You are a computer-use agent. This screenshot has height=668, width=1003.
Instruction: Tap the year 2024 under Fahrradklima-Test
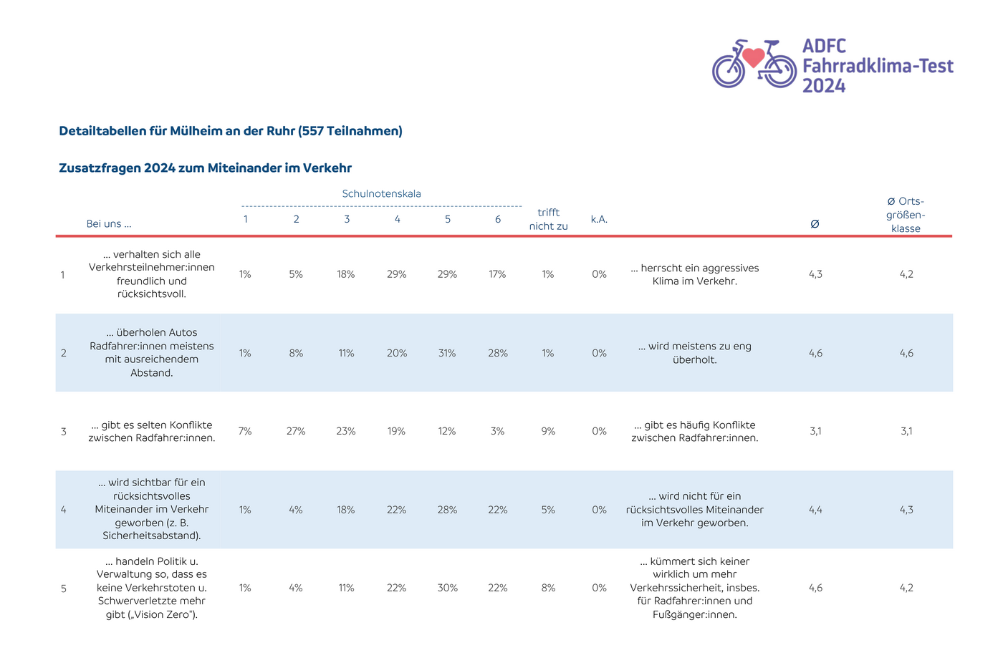click(x=823, y=86)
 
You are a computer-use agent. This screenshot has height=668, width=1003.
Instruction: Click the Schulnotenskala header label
click(x=381, y=194)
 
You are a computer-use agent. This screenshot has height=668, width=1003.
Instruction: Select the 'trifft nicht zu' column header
click(x=548, y=219)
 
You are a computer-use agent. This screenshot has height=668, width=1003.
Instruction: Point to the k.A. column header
click(x=599, y=219)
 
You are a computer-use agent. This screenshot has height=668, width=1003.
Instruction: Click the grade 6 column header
click(x=497, y=219)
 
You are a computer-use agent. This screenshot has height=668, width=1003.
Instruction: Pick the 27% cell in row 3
click(x=295, y=431)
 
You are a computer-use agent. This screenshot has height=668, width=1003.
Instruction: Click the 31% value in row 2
click(x=447, y=354)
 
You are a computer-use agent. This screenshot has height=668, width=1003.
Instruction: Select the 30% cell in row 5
click(x=447, y=588)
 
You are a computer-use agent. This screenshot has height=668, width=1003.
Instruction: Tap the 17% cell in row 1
click(x=497, y=274)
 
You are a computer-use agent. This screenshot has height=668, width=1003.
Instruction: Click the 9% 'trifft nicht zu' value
click(x=548, y=431)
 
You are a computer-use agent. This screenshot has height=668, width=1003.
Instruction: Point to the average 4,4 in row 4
click(x=815, y=510)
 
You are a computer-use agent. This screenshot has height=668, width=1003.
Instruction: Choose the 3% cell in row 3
click(x=497, y=431)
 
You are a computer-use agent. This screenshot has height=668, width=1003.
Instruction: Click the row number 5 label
click(x=64, y=589)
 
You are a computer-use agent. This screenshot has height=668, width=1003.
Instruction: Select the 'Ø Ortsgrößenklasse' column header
click(x=906, y=215)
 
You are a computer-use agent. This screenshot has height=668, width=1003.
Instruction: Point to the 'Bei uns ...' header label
click(x=109, y=223)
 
